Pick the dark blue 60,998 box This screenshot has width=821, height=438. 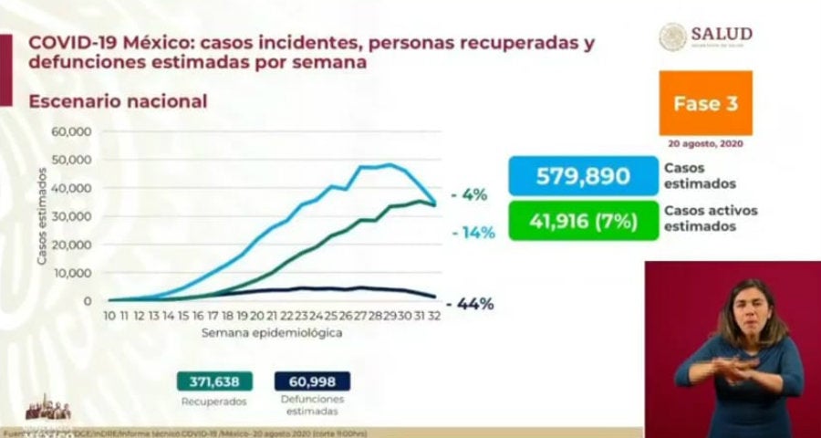(x=311, y=381)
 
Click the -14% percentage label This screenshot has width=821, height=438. (x=473, y=233)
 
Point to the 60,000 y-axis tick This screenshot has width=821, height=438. (x=70, y=131)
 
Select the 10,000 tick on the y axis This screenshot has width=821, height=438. (x=70, y=273)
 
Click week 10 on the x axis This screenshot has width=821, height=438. (x=109, y=316)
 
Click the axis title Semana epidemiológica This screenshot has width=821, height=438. (x=273, y=333)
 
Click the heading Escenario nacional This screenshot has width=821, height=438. (x=118, y=101)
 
